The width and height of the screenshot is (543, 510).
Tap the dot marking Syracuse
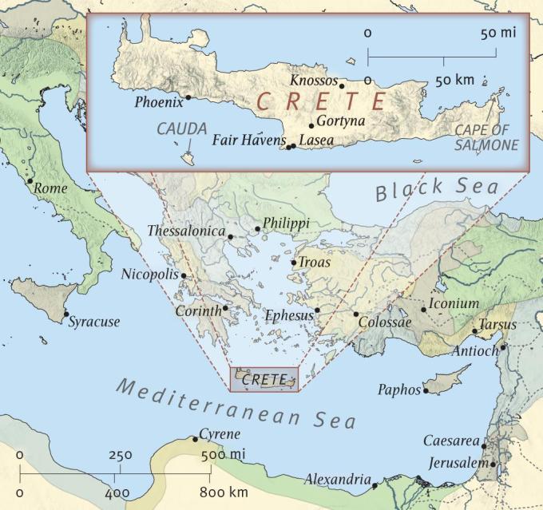(x=65, y=314)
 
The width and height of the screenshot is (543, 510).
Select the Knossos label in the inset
(x=313, y=81)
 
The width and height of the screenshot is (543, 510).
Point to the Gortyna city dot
(x=311, y=126)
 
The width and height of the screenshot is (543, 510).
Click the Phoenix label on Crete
(x=158, y=102)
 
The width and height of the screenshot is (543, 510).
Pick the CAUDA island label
(x=181, y=128)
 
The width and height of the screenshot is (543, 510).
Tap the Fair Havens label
(x=248, y=140)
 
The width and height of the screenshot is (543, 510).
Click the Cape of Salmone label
(x=486, y=137)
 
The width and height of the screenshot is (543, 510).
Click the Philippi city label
(x=286, y=224)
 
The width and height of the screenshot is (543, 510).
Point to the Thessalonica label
(x=186, y=231)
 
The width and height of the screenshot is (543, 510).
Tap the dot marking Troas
(x=294, y=263)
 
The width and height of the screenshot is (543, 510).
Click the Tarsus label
(x=497, y=325)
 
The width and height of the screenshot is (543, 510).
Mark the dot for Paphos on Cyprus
(x=426, y=391)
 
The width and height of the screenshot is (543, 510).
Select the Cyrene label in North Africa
(x=219, y=434)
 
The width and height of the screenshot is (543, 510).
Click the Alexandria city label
(x=337, y=480)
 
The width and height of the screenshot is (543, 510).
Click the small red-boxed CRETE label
(x=263, y=380)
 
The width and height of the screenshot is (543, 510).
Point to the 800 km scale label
(x=224, y=492)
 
